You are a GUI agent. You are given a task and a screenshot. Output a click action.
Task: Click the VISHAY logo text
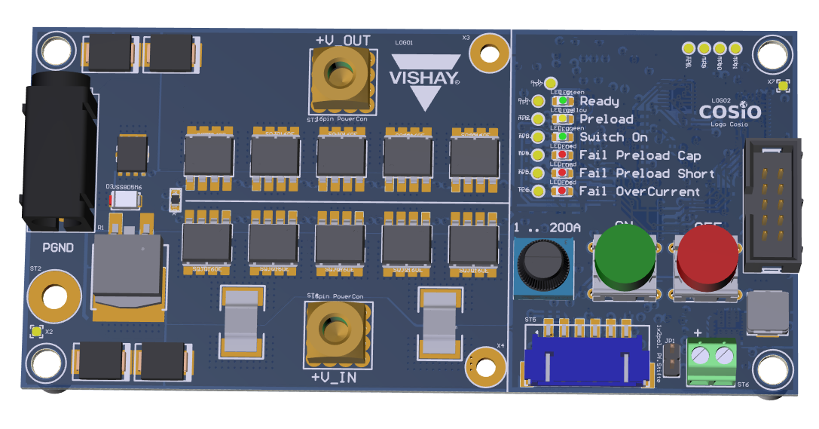coord(423,78)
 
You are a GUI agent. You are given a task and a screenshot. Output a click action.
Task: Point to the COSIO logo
coord(729,112)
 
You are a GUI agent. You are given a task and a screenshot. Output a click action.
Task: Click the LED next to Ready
coord(563,100)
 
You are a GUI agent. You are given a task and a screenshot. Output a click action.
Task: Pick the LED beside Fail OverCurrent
coord(563,192)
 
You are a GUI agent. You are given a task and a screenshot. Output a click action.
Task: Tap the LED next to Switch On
coord(563,137)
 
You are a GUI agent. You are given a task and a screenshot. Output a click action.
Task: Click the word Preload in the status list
coord(606,119)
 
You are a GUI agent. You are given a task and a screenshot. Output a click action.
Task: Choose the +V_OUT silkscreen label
coord(343,39)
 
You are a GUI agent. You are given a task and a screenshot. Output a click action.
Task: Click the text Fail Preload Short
coord(646,173)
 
